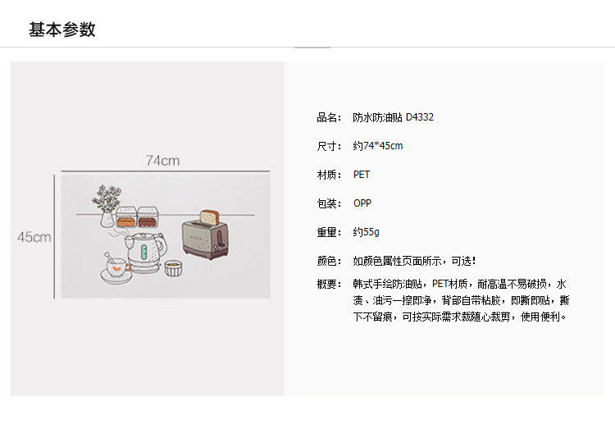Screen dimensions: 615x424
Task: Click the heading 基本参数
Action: click(x=62, y=30)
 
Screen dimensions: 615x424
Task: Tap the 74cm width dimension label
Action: click(x=162, y=161)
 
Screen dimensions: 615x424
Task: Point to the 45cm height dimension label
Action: click(x=34, y=236)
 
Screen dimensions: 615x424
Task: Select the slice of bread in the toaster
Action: click(x=209, y=217)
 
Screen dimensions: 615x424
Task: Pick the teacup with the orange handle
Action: click(x=116, y=267)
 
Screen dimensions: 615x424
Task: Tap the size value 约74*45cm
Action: click(x=378, y=146)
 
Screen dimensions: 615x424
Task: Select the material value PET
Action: click(x=362, y=175)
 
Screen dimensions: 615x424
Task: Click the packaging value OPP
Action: click(x=362, y=203)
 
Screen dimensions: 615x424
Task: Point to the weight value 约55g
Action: click(x=367, y=232)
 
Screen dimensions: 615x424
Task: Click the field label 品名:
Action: click(x=329, y=117)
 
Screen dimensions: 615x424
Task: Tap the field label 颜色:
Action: click(x=329, y=261)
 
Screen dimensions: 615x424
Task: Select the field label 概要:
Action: click(x=329, y=284)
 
